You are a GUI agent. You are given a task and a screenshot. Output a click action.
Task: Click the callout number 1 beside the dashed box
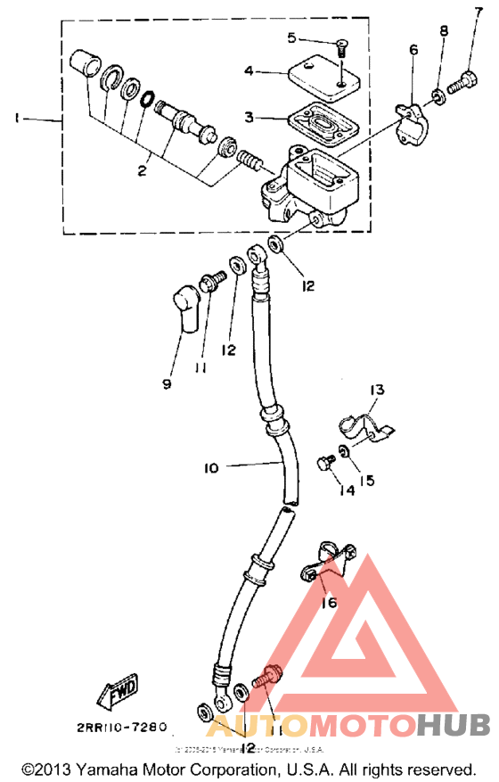[x=15, y=117]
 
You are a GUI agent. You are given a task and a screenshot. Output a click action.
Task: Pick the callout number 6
[x=413, y=51]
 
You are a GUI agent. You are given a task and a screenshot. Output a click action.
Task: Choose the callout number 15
[x=367, y=480]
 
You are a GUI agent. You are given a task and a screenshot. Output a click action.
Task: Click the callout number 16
[x=330, y=604]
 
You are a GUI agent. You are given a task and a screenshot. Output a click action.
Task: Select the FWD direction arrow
[x=116, y=692]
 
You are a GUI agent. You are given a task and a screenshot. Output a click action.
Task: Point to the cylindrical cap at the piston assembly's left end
[x=85, y=65]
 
